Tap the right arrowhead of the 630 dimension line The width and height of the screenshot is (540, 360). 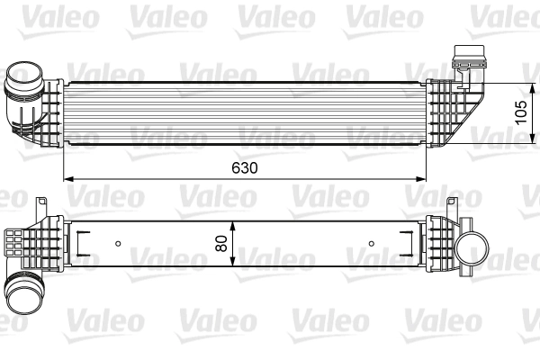click(x=425, y=178)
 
